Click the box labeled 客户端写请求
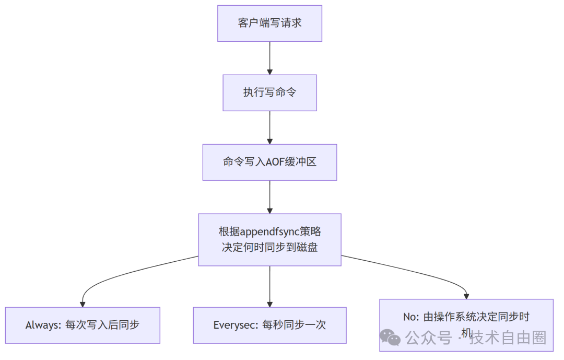coord(269,24)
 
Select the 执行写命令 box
coord(269,92)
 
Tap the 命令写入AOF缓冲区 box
coord(269,162)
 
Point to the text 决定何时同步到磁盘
coord(269,247)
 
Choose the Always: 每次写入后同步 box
coord(83,325)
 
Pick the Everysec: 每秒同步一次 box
coord(269,325)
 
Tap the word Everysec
coord(233,325)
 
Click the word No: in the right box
coord(412,317)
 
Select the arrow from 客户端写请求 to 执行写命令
coord(269,57)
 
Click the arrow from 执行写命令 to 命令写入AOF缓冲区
coord(269,127)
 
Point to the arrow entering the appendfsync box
coord(269,196)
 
